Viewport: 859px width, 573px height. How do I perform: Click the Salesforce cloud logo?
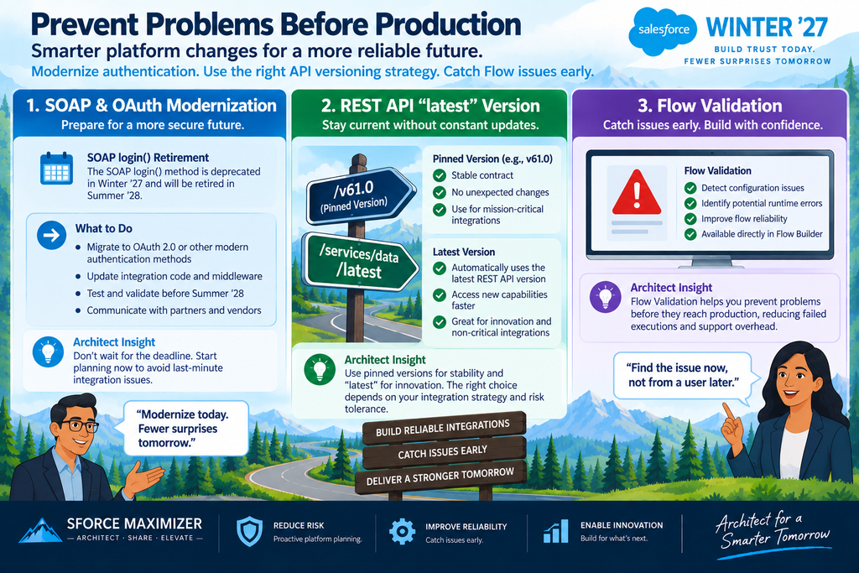click(664, 31)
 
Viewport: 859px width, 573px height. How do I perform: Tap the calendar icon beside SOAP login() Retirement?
click(56, 169)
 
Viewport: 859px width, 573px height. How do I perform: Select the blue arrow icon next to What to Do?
click(51, 236)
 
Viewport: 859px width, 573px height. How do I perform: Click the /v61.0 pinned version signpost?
click(359, 195)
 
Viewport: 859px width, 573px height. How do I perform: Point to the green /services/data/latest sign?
click(359, 261)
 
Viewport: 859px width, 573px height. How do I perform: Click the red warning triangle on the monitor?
click(636, 192)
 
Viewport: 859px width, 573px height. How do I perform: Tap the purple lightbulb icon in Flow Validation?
click(605, 297)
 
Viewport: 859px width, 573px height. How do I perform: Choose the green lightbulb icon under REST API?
click(320, 370)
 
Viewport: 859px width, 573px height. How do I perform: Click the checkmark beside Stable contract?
click(440, 175)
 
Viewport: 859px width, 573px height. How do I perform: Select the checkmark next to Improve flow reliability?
click(690, 219)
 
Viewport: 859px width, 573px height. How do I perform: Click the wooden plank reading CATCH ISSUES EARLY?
click(444, 452)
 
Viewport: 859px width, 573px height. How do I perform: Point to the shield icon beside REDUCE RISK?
click(249, 531)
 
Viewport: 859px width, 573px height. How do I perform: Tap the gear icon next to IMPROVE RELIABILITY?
click(402, 531)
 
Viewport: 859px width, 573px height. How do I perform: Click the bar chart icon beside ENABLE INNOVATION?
click(555, 531)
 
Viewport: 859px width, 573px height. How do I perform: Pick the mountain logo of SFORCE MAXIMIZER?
click(40, 530)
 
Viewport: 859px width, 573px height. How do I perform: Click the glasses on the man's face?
click(79, 425)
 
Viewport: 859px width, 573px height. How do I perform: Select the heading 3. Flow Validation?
click(710, 105)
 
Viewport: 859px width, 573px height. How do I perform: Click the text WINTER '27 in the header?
click(767, 28)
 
